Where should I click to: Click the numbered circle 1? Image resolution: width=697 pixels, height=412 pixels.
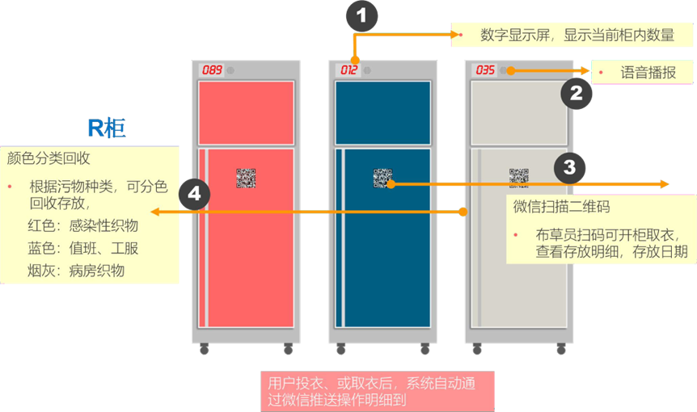coord(361,15)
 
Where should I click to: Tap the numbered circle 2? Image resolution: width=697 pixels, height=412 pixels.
coord(576,93)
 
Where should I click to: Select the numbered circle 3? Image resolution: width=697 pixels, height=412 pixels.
coord(569,167)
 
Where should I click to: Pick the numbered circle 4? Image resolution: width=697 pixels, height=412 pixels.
coord(194,195)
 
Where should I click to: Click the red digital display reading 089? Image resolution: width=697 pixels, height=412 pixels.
coord(212,70)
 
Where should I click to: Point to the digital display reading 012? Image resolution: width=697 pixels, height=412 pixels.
coord(348,70)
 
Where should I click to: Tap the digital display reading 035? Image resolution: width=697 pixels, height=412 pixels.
coord(485,70)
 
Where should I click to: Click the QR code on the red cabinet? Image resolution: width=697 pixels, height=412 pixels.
coord(246,178)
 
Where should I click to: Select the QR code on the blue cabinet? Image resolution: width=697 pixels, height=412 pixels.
coord(382,178)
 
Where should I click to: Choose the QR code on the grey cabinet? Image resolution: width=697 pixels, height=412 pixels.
coord(518,178)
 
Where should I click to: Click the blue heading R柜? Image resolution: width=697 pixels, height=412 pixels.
coord(107,128)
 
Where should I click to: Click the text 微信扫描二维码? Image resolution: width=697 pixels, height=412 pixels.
coord(561,206)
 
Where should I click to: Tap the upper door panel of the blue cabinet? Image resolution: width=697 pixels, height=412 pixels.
coord(382,112)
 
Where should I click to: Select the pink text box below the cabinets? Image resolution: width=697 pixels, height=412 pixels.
coord(377,391)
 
